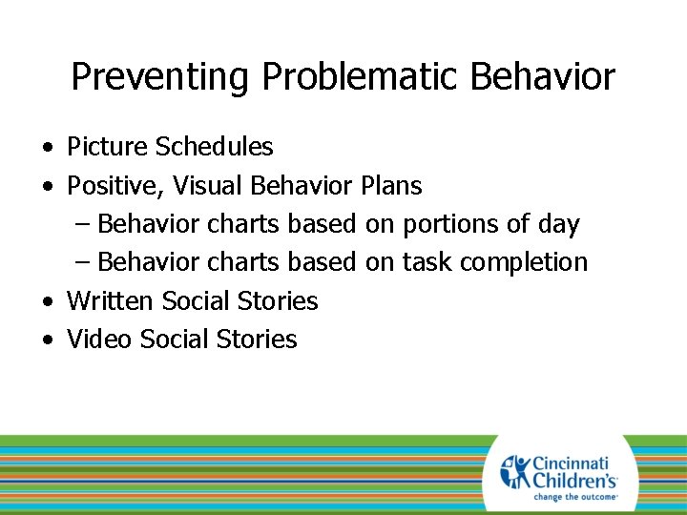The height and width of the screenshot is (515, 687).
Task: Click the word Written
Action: tap(111, 301)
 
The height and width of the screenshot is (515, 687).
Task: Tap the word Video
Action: tap(99, 340)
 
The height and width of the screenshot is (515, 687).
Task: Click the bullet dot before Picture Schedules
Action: tap(47, 149)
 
